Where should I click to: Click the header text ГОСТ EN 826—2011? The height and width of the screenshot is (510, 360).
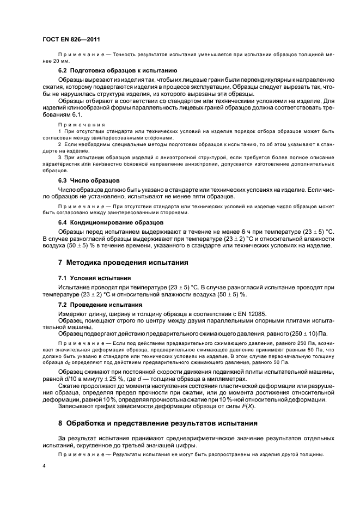[x=70, y=40]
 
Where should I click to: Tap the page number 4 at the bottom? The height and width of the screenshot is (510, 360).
[x=44, y=466]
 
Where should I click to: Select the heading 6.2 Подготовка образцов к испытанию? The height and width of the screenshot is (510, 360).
[x=117, y=71]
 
